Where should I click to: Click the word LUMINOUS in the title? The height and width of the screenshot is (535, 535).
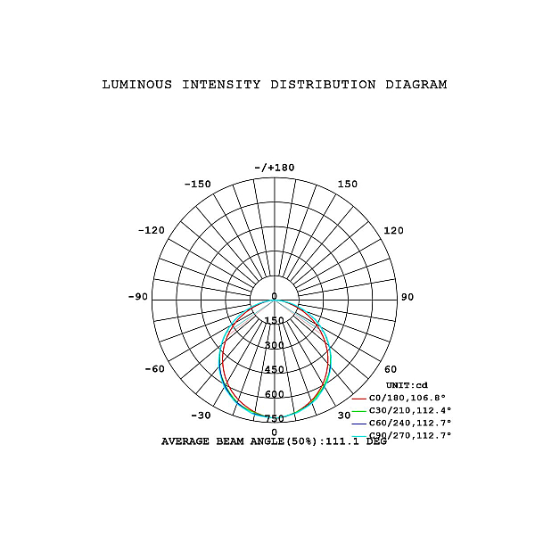(137, 85)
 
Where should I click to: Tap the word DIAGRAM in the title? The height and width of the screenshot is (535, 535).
(416, 85)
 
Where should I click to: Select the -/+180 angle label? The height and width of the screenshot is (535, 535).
(275, 168)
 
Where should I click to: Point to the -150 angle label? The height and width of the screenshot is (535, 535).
(198, 185)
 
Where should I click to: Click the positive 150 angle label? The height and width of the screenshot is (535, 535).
(348, 185)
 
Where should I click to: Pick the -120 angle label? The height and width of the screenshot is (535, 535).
(152, 230)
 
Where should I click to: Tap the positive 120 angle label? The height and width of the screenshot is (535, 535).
(394, 231)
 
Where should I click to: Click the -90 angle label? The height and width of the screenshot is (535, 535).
(138, 297)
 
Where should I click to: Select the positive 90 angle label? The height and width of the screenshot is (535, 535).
(407, 297)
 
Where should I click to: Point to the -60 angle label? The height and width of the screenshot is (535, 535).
(155, 369)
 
